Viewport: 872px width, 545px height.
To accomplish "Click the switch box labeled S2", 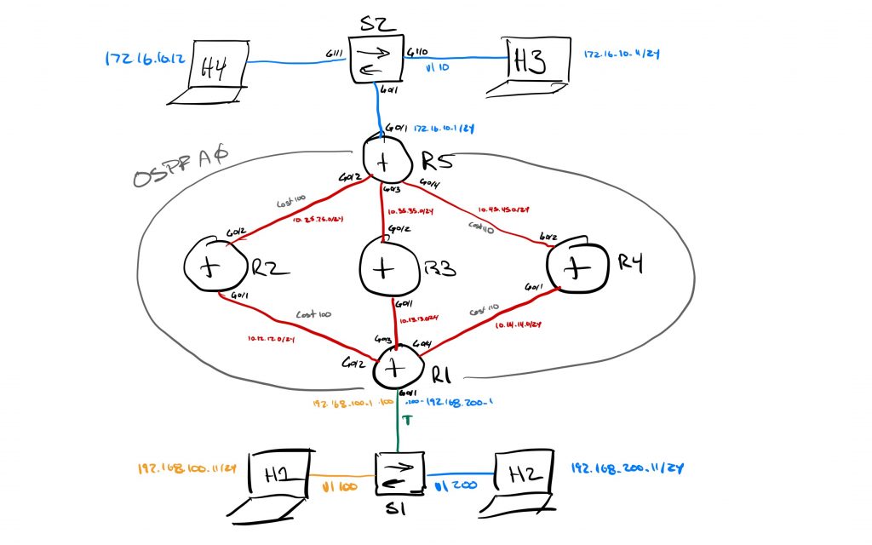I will point(376,59).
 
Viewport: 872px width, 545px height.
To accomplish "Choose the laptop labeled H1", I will point(278,481).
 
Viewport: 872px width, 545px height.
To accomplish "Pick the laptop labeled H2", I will point(521,480).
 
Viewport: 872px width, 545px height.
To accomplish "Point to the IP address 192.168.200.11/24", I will point(628,469).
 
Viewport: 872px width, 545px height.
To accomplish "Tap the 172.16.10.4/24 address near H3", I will point(622,54).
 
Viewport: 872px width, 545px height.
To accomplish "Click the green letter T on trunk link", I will point(407,420).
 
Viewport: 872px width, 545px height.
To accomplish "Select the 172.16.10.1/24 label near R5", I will point(444,129).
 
